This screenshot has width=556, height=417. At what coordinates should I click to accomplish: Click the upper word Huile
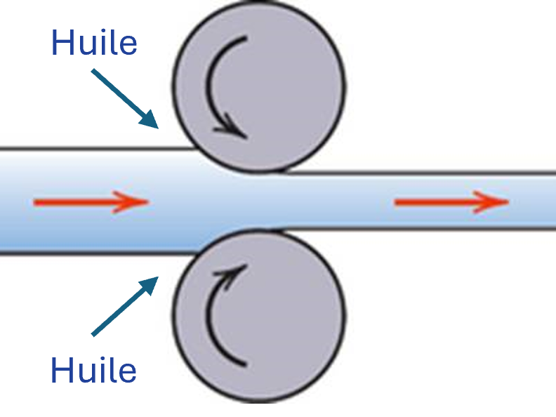[x=94, y=42]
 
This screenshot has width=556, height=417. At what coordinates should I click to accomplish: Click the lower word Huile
[x=93, y=369]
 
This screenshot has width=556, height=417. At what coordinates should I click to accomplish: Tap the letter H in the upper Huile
[x=61, y=43]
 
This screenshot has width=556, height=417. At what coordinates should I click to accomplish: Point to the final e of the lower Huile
[x=128, y=373]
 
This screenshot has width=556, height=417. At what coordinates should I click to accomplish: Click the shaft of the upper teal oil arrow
[x=117, y=92]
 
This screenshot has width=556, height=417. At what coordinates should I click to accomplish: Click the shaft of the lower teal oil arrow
[x=117, y=312]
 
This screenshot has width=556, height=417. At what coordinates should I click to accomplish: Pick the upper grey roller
[x=259, y=86]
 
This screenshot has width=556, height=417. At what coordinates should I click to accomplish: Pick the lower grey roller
[x=259, y=317]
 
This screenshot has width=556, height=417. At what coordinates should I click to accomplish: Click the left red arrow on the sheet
[x=91, y=202]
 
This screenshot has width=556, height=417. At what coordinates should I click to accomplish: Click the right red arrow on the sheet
[x=452, y=202]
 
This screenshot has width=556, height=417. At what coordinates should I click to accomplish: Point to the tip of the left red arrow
[x=149, y=202]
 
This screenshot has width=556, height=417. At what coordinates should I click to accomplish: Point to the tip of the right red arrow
[x=509, y=202]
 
